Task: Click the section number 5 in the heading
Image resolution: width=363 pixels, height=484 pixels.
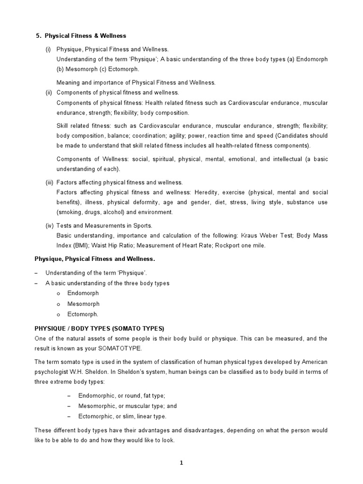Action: click(38, 36)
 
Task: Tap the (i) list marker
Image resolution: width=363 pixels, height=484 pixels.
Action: click(48, 49)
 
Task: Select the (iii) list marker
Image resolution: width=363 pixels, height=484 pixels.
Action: click(49, 182)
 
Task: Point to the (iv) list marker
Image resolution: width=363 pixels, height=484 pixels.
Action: click(49, 225)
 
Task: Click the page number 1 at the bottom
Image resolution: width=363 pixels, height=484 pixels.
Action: click(181, 463)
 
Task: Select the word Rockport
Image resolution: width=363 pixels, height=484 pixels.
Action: click(239, 245)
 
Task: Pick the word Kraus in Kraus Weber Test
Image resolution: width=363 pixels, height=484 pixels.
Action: click(250, 235)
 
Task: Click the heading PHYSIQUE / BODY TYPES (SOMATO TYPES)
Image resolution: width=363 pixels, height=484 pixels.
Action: click(99, 328)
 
